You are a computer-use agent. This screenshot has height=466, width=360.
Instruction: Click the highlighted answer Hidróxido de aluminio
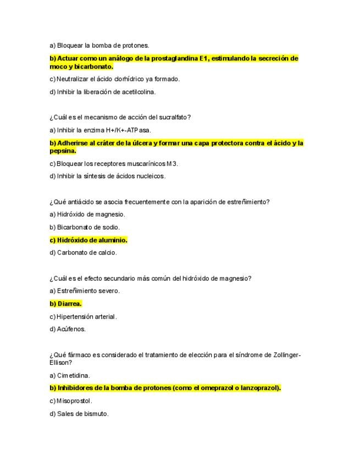click(92, 240)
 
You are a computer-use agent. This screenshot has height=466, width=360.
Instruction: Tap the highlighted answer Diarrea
click(69, 303)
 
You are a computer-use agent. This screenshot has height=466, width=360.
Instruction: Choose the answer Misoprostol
click(74, 401)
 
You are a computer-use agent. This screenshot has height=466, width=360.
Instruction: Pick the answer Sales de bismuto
click(82, 413)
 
